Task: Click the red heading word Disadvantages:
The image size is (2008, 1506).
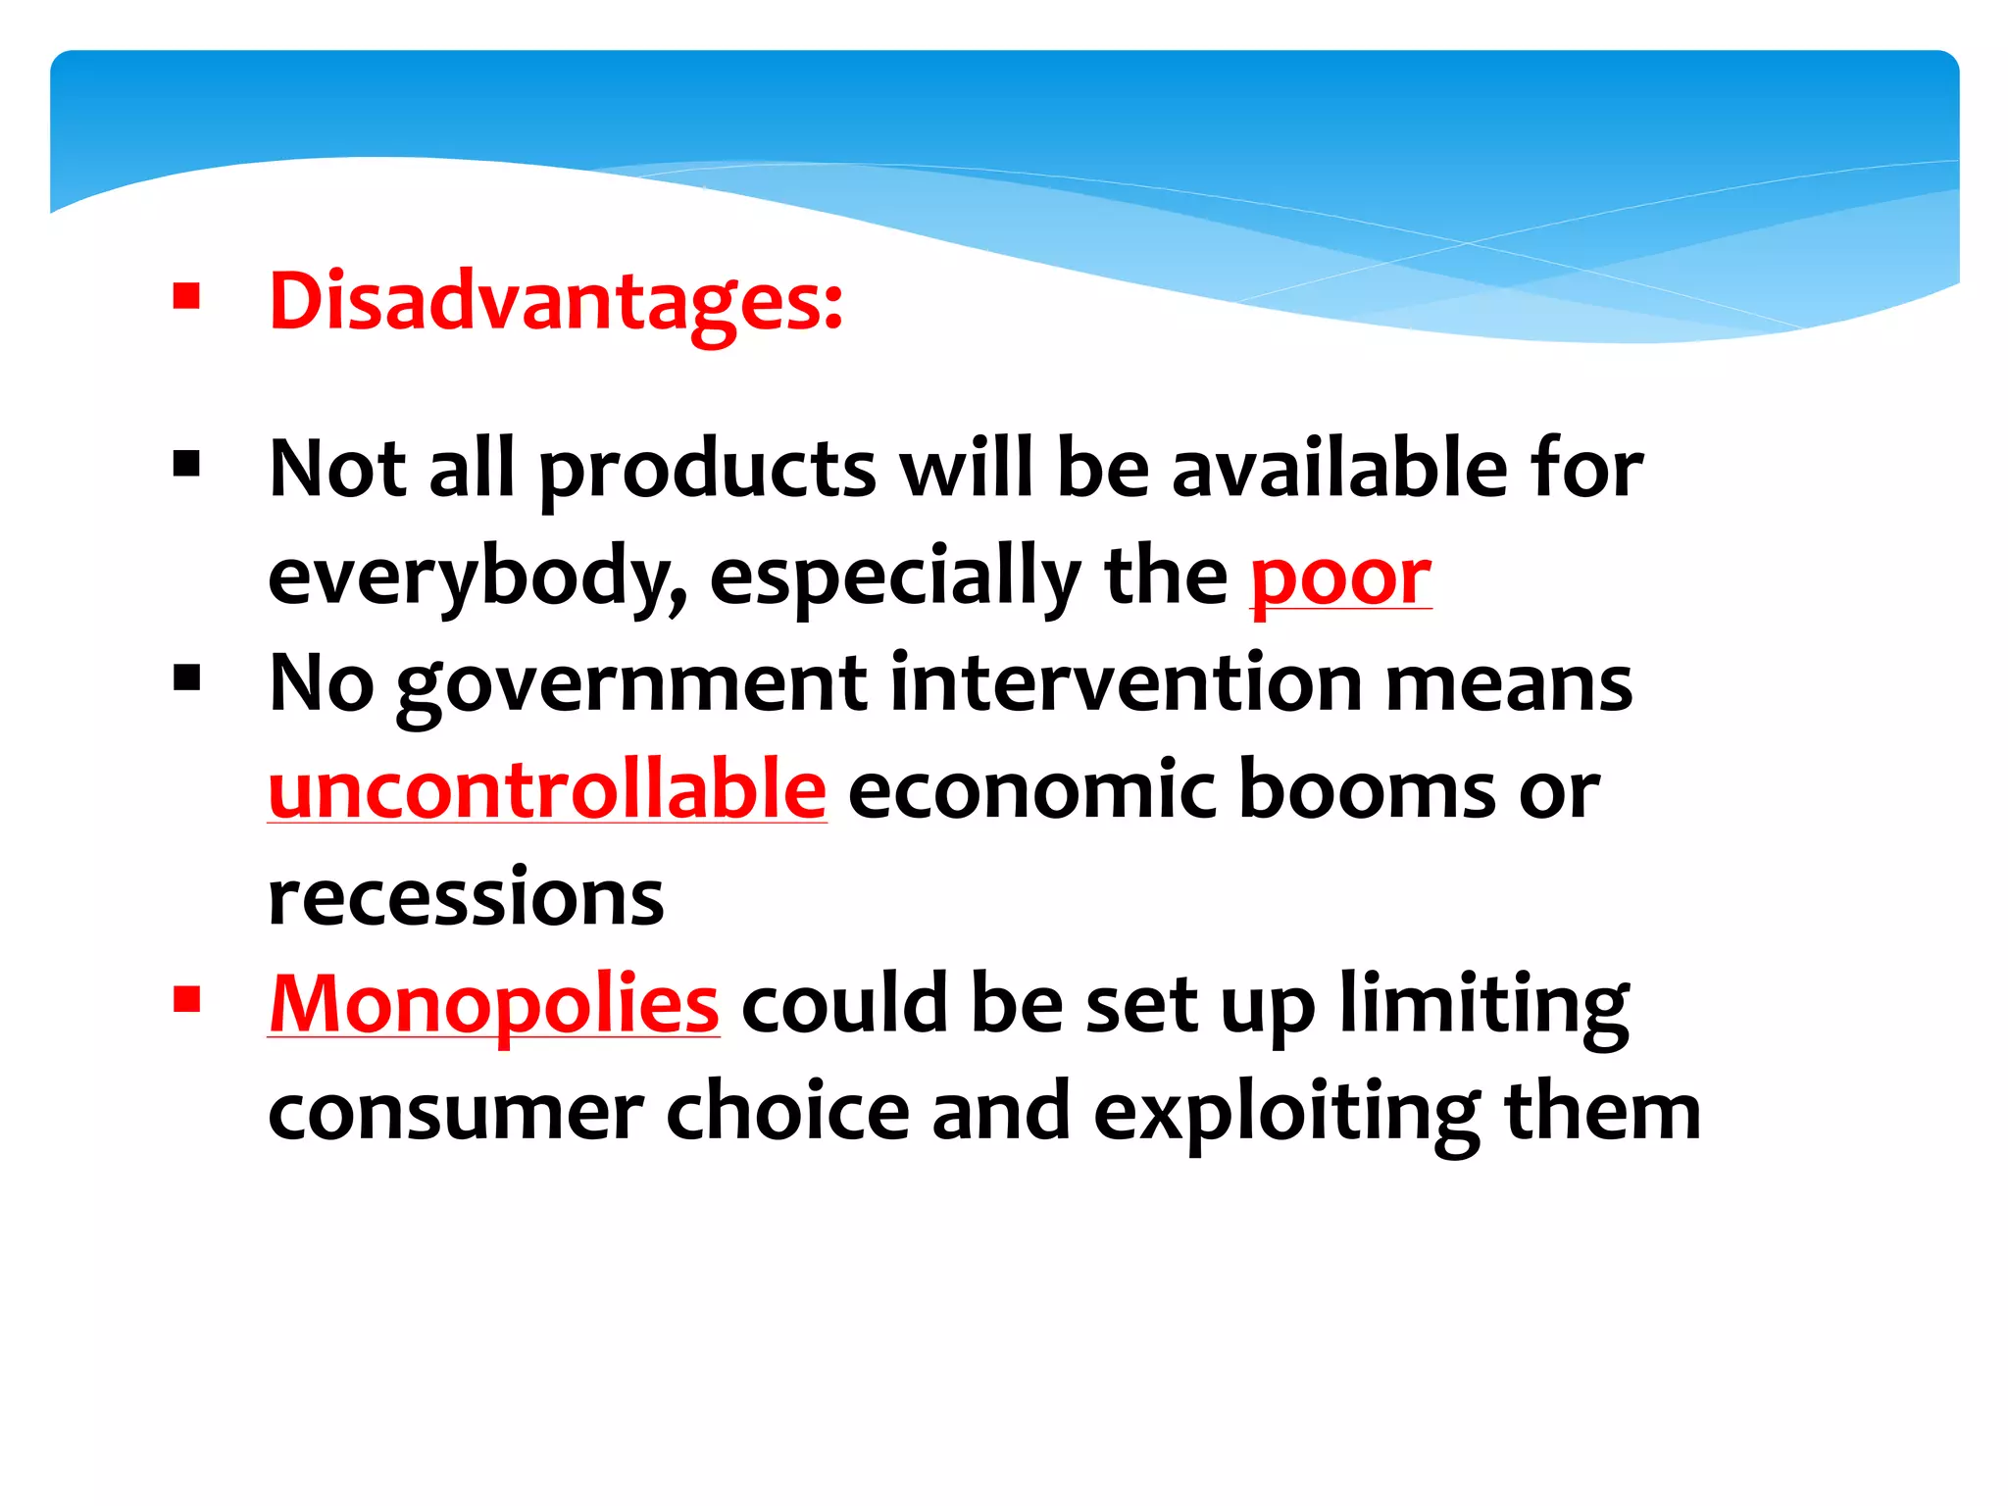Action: [555, 302]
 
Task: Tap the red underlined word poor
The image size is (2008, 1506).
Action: [1340, 577]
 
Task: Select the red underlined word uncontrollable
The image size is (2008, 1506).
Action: [547, 790]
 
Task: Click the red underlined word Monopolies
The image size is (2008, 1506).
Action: [494, 1005]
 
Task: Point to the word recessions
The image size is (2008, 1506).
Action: [466, 898]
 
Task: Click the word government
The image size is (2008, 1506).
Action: [632, 684]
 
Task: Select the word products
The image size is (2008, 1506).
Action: [708, 471]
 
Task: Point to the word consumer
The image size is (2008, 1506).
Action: [456, 1114]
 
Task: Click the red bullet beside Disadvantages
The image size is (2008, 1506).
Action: [186, 296]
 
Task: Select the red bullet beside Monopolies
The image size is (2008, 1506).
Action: [186, 999]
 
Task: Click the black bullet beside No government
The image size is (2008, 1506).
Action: [186, 678]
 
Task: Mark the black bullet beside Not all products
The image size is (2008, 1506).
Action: [186, 463]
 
